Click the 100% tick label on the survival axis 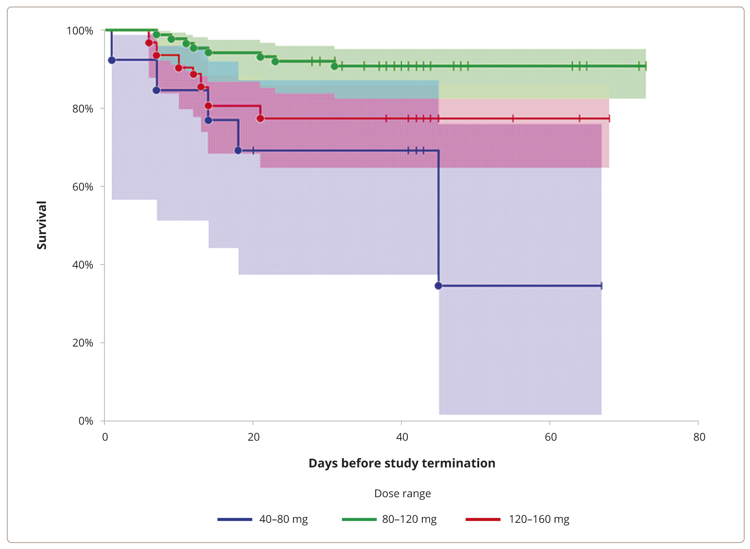(79, 30)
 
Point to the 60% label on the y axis (83, 187)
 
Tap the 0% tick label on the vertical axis (86, 421)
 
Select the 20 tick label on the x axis (253, 437)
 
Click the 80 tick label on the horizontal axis (699, 437)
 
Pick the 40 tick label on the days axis (402, 437)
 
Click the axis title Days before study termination (402, 463)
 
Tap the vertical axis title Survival (42, 225)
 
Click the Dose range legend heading (402, 494)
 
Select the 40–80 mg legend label (283, 519)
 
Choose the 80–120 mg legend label (409, 519)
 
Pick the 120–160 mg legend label (539, 519)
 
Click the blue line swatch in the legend (235, 519)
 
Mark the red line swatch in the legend (483, 519)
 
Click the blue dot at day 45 (438, 286)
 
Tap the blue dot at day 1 (112, 60)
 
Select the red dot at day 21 (261, 118)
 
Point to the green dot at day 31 (334, 66)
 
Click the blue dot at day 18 (238, 150)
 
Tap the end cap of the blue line (601, 286)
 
